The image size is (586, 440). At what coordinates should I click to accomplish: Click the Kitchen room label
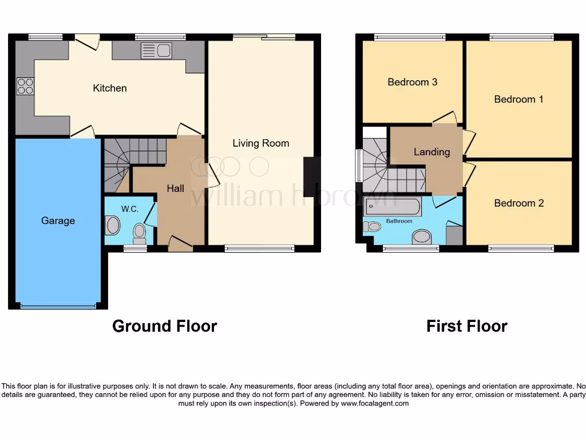click(x=110, y=88)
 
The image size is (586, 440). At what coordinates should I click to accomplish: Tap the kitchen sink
click(x=156, y=51)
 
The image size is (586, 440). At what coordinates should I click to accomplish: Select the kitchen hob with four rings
click(x=25, y=86)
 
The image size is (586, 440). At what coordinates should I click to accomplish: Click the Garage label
click(x=58, y=221)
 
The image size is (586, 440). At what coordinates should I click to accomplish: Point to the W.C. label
click(x=130, y=209)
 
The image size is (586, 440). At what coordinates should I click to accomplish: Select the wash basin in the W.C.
click(x=112, y=226)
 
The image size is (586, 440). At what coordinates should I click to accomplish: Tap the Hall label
click(x=175, y=188)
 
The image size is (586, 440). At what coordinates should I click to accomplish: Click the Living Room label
click(x=260, y=143)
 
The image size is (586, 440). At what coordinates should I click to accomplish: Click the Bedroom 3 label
click(x=412, y=82)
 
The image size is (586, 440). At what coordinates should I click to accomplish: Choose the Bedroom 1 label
click(x=518, y=99)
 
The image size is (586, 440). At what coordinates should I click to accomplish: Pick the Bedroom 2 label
click(x=518, y=203)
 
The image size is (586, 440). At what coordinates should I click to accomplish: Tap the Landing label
click(x=431, y=152)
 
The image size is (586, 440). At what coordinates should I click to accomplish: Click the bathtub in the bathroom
click(x=392, y=207)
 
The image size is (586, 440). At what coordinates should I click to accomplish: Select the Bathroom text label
click(x=399, y=221)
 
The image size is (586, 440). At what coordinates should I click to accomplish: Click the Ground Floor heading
click(x=164, y=326)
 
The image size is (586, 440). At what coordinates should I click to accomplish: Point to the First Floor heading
click(x=466, y=326)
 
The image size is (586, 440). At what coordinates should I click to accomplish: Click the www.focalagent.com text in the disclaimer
click(x=375, y=403)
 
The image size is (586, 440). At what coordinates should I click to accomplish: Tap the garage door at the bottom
click(x=58, y=307)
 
